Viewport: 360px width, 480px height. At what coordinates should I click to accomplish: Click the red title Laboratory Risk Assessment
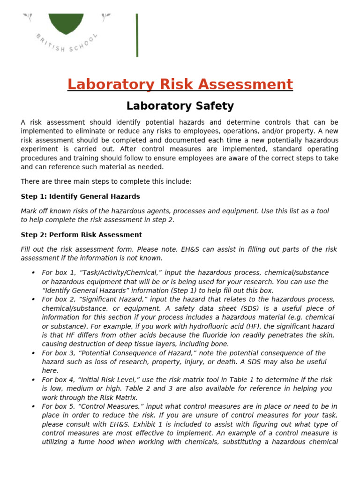tap(180, 84)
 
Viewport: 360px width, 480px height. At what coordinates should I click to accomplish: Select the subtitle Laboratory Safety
tap(180, 106)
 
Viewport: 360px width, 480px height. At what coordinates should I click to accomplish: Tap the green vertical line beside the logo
tap(137, 35)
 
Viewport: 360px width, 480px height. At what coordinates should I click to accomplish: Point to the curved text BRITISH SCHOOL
tap(67, 45)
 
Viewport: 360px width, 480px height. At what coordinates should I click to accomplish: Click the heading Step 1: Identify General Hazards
tap(80, 196)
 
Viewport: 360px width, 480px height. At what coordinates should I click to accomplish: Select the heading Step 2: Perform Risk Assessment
tap(81, 235)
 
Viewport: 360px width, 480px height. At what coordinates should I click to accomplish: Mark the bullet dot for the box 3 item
tap(33, 353)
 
